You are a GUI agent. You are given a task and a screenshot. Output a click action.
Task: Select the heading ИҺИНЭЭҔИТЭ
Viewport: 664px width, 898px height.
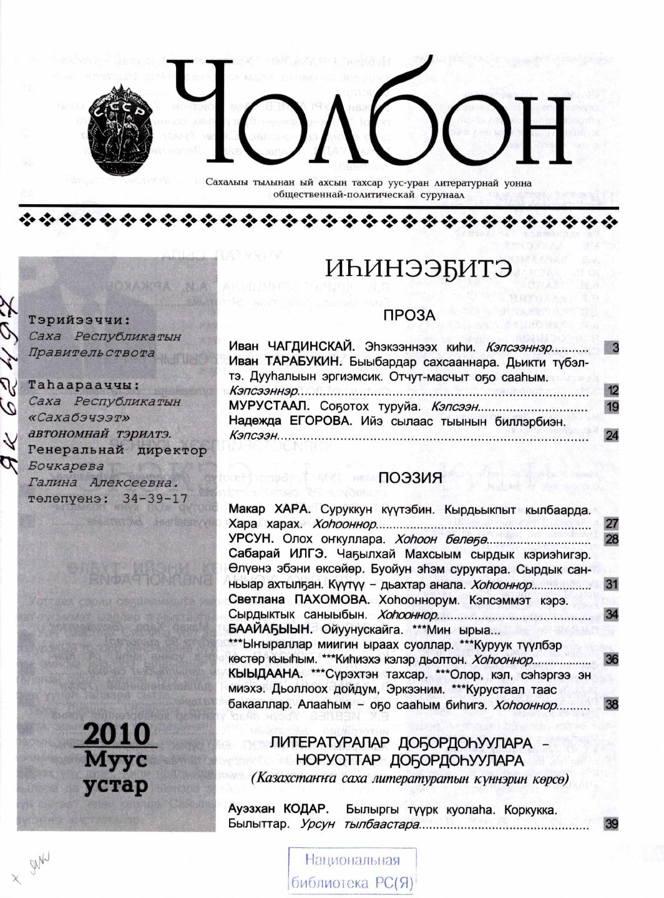point(419,270)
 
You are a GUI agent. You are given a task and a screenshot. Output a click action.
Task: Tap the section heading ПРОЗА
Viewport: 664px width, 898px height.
point(409,315)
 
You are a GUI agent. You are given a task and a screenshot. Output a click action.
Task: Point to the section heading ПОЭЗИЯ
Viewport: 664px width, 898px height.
point(410,478)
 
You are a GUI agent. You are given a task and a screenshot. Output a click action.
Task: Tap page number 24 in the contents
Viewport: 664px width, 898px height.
point(612,435)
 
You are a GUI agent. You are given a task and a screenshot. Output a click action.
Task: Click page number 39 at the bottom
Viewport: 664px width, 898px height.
point(612,824)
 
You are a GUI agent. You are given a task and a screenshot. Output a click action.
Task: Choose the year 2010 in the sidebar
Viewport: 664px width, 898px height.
point(117,733)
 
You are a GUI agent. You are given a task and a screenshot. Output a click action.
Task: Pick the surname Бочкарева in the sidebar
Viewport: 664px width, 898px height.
point(66,466)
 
